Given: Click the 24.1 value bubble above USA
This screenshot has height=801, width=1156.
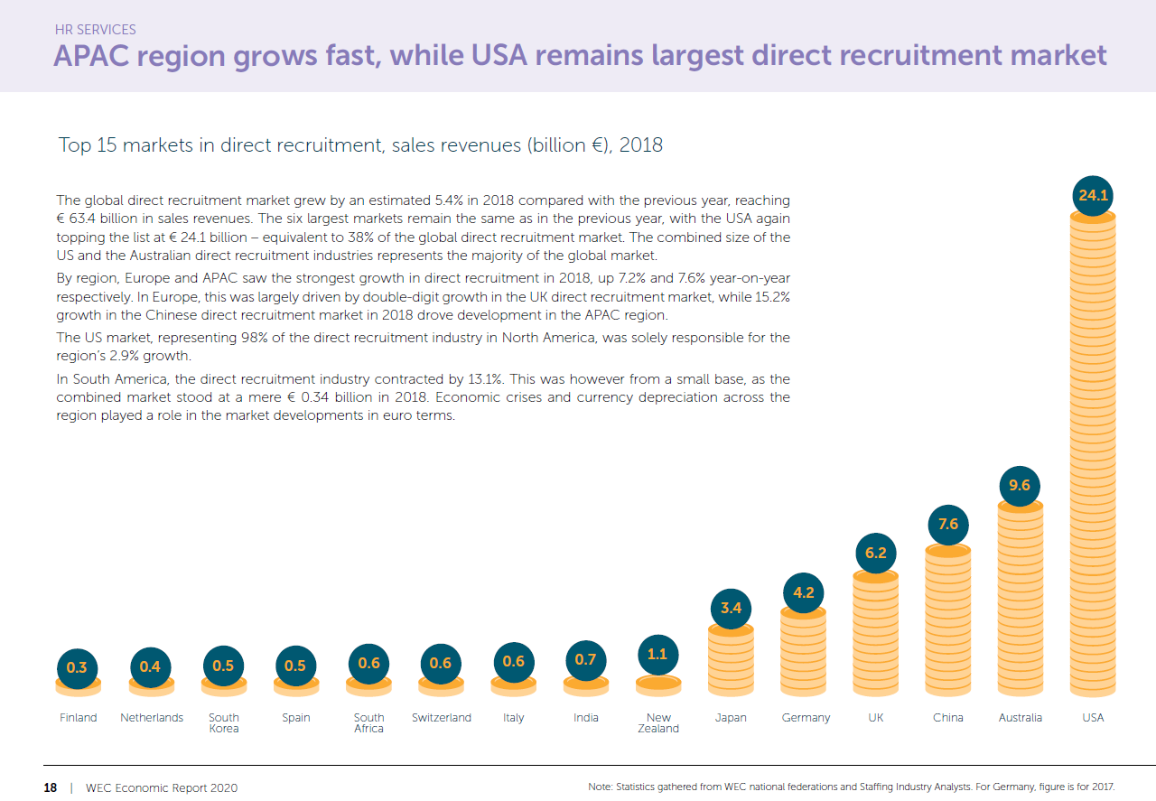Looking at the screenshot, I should pyautogui.click(x=1093, y=196).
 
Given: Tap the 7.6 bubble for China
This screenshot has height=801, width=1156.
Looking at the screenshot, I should pyautogui.click(x=947, y=525).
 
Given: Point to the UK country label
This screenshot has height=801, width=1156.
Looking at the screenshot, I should pyautogui.click(x=875, y=718).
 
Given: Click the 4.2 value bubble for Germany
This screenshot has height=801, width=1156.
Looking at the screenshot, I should pyautogui.click(x=803, y=593).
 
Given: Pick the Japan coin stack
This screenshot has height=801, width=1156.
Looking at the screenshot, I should pyautogui.click(x=731, y=659).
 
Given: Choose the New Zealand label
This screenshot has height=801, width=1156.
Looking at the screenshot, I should pyautogui.click(x=658, y=723).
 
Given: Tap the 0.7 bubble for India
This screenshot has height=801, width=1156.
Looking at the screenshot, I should pyautogui.click(x=585, y=660).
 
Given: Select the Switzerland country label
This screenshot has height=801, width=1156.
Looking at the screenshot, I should pyautogui.click(x=441, y=718).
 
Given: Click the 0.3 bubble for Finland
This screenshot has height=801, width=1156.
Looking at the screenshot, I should pyautogui.click(x=78, y=668).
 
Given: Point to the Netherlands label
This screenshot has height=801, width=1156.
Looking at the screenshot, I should pyautogui.click(x=152, y=718).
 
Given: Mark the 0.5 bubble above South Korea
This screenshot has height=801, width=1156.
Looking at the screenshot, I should pyautogui.click(x=223, y=666).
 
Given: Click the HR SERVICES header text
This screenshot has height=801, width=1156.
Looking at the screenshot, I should pyautogui.click(x=95, y=31).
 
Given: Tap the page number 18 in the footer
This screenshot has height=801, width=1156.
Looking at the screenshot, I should pyautogui.click(x=51, y=787).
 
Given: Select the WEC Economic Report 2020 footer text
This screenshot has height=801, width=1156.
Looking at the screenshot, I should pyautogui.click(x=162, y=787).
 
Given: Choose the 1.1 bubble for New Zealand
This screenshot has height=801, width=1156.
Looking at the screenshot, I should pyautogui.click(x=657, y=654).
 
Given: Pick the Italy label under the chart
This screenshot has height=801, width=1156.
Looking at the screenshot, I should pyautogui.click(x=513, y=718).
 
